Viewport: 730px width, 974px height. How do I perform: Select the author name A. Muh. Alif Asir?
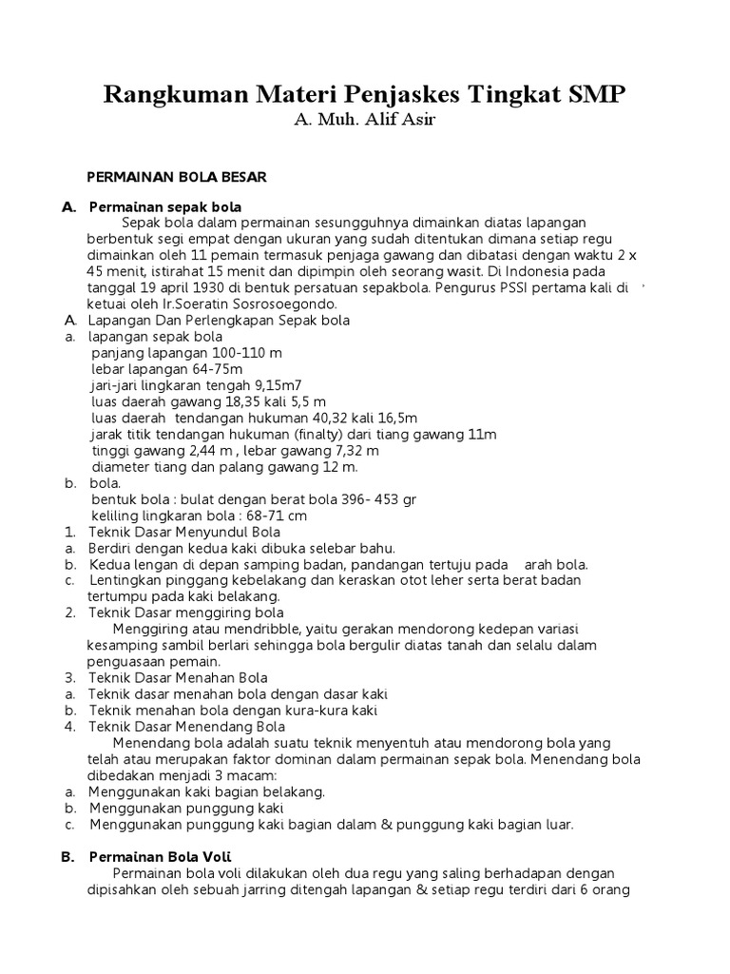(x=365, y=122)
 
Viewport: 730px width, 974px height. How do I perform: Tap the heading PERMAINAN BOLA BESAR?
(x=177, y=177)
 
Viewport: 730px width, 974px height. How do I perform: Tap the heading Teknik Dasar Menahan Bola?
(x=178, y=678)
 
